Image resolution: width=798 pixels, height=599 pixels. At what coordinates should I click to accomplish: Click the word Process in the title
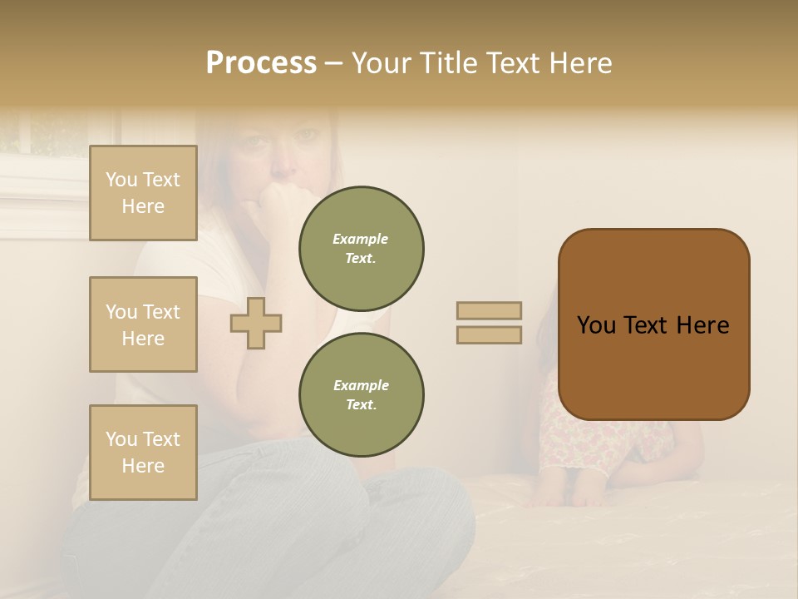pyautogui.click(x=261, y=63)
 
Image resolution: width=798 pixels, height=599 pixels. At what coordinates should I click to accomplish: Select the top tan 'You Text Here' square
pyautogui.click(x=143, y=193)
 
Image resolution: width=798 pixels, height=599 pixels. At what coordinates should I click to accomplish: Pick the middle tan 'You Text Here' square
pyautogui.click(x=143, y=324)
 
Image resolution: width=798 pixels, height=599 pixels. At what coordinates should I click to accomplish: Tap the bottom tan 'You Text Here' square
pyautogui.click(x=143, y=453)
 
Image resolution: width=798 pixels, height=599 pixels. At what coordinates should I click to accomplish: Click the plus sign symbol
pyautogui.click(x=256, y=323)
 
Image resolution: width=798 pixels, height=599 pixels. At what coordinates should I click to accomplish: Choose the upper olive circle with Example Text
pyautogui.click(x=362, y=249)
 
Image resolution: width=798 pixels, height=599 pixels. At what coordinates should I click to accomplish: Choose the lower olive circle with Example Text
pyautogui.click(x=362, y=394)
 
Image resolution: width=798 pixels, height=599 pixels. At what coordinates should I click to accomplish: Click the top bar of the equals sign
pyautogui.click(x=490, y=310)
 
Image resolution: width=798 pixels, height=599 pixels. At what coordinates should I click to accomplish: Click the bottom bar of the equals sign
pyautogui.click(x=490, y=335)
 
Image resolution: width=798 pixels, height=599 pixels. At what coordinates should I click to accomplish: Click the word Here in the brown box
pyautogui.click(x=703, y=325)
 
